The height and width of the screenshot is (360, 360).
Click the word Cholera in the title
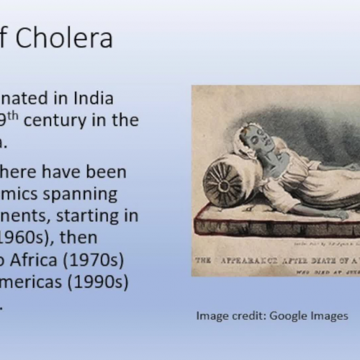point(64,37)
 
